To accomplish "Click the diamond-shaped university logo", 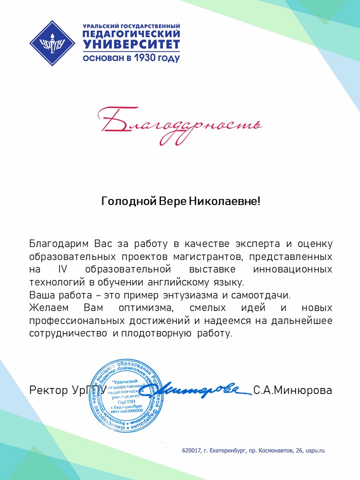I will [48, 43].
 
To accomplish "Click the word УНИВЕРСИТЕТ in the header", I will [131, 44].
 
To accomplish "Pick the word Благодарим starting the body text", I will [58, 244].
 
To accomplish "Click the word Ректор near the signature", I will [46, 390].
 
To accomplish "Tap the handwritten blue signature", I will [200, 387].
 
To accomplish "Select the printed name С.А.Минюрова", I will [292, 390].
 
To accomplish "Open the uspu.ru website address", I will [315, 450].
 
